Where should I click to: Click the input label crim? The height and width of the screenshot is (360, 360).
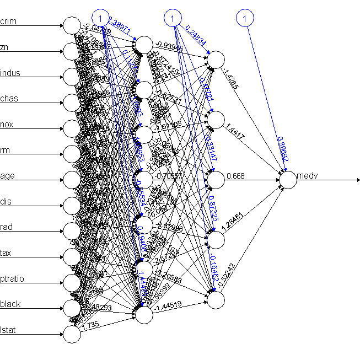pyautogui.click(x=8, y=22)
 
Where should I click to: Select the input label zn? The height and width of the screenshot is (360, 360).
pyautogui.click(x=5, y=47)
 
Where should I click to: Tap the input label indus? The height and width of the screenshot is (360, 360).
pyautogui.click(x=10, y=73)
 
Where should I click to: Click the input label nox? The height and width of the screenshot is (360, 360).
pyautogui.click(x=7, y=125)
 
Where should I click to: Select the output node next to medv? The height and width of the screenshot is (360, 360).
pyautogui.click(x=288, y=179)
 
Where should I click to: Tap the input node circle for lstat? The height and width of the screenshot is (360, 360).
pyautogui.click(x=72, y=334)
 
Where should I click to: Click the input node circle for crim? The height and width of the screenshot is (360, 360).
pyautogui.click(x=72, y=25)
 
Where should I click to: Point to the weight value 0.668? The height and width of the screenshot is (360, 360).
pyautogui.click(x=235, y=176)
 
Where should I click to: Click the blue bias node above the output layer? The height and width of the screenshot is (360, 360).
pyautogui.click(x=244, y=18)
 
